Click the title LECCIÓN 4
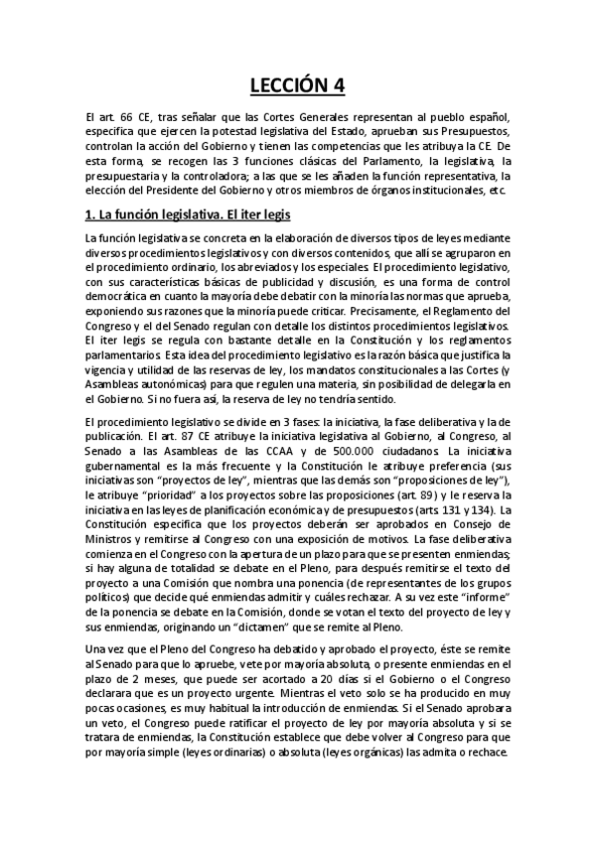[x=297, y=86]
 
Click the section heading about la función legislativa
[x=187, y=214]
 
